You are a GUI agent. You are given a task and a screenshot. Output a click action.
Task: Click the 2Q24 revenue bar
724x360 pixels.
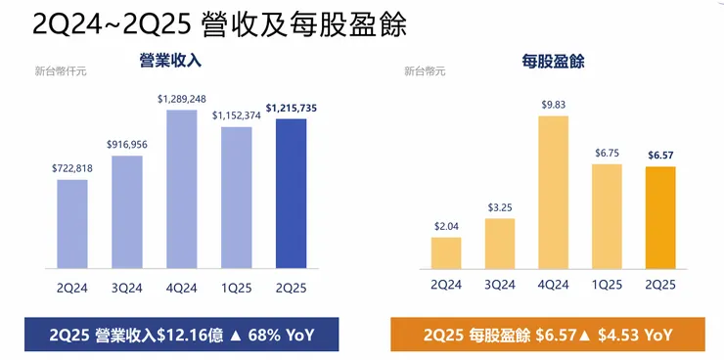[72, 223]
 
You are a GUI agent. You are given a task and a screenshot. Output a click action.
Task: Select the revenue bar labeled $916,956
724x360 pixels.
[127, 210]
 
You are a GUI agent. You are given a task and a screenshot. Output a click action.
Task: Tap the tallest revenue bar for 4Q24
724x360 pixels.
[182, 188]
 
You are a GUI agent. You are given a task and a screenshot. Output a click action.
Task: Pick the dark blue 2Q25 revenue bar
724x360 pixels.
[292, 193]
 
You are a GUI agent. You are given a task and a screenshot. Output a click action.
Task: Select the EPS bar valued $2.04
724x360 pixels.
[445, 252]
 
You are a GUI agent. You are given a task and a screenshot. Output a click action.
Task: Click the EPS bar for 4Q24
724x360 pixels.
[554, 191]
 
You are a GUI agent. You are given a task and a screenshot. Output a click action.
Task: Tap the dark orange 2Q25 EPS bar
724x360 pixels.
[661, 216]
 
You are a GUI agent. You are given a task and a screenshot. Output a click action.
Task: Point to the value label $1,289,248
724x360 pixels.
[182, 99]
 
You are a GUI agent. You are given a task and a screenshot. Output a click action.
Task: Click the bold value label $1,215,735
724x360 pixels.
[292, 107]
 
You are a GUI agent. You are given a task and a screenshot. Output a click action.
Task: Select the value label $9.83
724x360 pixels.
[554, 105]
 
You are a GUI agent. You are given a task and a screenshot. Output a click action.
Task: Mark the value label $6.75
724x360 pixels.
[608, 153]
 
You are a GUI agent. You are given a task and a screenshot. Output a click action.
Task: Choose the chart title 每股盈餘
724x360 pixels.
[554, 62]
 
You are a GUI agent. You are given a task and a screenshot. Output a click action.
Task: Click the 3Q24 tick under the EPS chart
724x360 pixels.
[499, 284]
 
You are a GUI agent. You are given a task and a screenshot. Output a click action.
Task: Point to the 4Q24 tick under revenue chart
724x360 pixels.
[182, 284]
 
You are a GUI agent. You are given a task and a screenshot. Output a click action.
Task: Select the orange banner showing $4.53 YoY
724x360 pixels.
[548, 334]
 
